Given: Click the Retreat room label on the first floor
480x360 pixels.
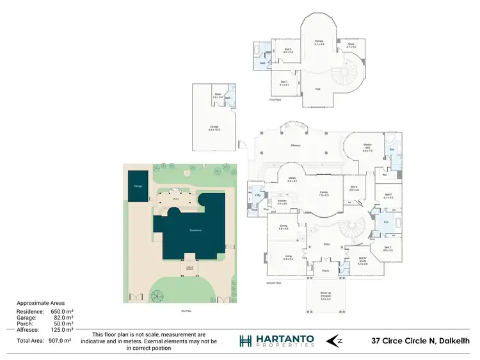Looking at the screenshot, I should click(319, 43).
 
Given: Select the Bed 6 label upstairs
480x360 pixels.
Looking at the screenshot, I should click(288, 51).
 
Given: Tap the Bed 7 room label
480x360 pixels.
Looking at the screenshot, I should click(284, 83).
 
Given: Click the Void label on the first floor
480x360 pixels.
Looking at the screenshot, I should click(317, 89).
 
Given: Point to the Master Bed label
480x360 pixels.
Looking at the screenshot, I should click(367, 148).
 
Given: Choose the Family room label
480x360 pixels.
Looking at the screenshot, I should click(324, 194).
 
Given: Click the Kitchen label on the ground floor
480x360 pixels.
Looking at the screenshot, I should click(282, 202).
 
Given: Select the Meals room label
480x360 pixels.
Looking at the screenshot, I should click(292, 179).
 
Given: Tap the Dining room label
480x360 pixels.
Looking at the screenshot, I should click(283, 227).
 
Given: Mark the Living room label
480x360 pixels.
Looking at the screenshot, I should click(288, 258).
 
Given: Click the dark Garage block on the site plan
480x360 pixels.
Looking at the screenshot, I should click(138, 186).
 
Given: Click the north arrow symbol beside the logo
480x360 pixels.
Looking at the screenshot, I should click(340, 340).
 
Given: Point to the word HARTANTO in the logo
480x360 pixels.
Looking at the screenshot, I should click(288, 337).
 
